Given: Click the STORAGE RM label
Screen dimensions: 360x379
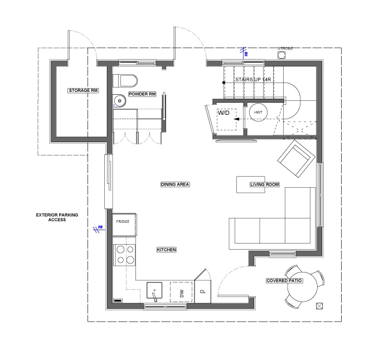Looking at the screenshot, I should click(83, 90).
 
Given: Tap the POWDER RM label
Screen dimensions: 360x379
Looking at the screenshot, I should click(142, 94).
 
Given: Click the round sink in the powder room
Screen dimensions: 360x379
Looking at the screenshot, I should click(120, 101).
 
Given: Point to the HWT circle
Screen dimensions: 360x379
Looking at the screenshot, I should click(258, 112).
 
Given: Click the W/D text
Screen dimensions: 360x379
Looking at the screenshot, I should click(223, 113).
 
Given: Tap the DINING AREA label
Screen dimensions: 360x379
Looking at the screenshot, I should click(176, 184).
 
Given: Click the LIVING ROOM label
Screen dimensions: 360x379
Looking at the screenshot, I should click(264, 184).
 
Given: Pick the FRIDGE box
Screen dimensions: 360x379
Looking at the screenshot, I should click(123, 222).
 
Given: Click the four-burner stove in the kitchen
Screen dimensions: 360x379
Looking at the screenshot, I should click(124, 255).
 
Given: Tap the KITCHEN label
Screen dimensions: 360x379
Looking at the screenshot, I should click(166, 250).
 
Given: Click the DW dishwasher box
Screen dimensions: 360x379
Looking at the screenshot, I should click(181, 292).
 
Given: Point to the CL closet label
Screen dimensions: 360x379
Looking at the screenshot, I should click(202, 291).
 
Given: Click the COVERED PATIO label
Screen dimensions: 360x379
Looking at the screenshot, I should click(284, 280).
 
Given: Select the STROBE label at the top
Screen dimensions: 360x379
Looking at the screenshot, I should click(285, 48).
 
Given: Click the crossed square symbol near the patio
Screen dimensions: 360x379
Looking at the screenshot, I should click(319, 305).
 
